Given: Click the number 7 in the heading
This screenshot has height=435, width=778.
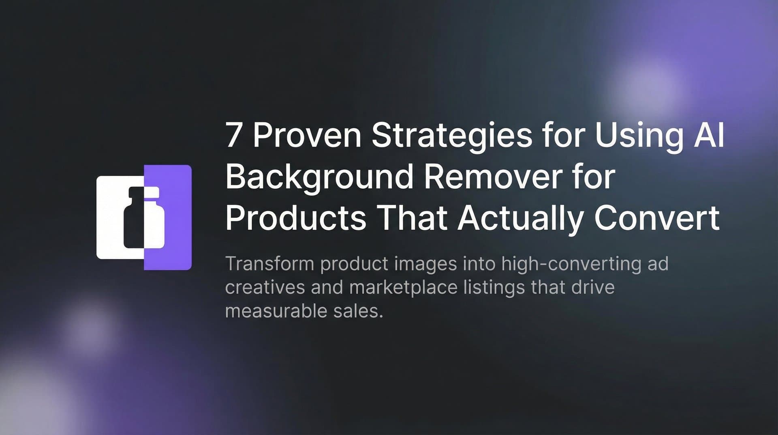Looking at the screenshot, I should (x=233, y=135).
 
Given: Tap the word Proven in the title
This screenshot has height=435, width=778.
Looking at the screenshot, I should (x=307, y=135).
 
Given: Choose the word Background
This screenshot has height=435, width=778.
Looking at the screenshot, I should (x=318, y=178).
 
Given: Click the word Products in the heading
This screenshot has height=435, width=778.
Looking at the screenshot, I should (x=295, y=218).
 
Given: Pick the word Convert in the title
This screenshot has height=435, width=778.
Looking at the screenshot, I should (x=657, y=218).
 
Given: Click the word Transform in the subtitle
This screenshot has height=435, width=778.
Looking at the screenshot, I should (x=269, y=264).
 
